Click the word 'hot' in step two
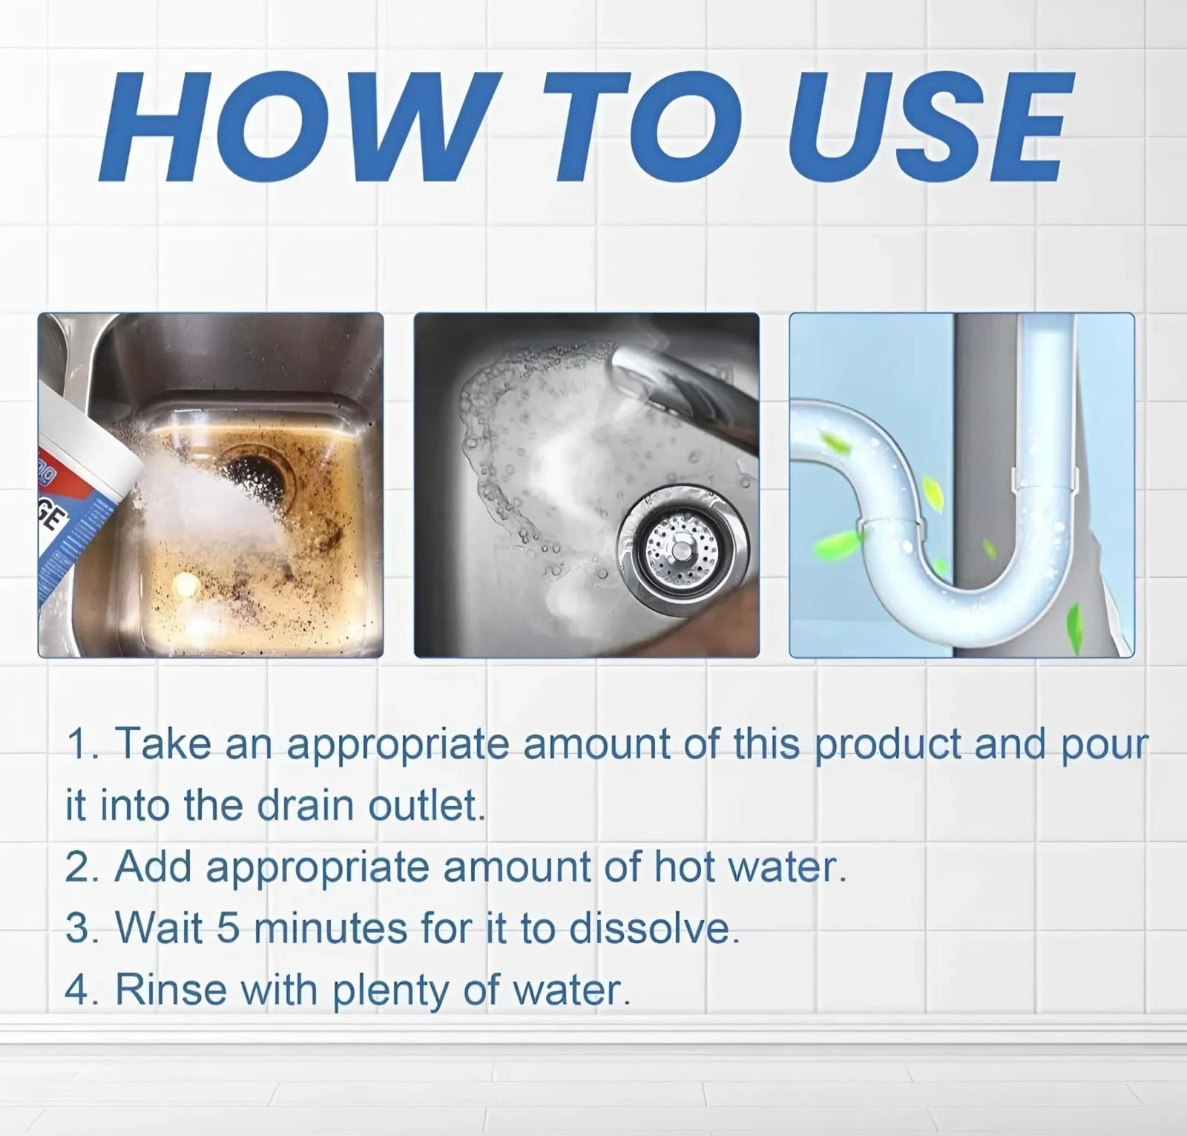[687, 867]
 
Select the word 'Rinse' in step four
[171, 990]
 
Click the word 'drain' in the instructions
[305, 805]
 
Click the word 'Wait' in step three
[160, 928]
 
